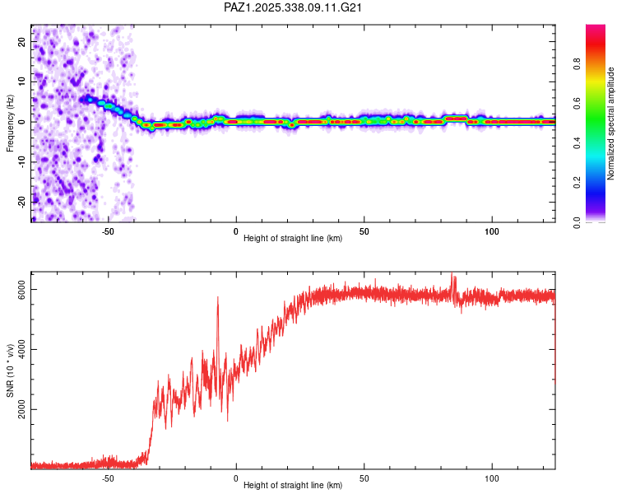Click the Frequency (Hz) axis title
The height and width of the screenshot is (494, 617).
point(11,123)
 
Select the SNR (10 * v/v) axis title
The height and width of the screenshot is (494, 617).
point(11,370)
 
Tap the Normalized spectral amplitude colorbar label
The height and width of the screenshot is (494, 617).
point(611,123)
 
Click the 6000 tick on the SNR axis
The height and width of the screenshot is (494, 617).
point(22,289)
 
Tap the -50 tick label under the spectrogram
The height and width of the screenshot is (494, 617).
point(108,231)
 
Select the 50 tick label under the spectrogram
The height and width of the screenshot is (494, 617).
point(364,231)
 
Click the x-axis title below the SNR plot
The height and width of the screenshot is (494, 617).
point(293,487)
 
